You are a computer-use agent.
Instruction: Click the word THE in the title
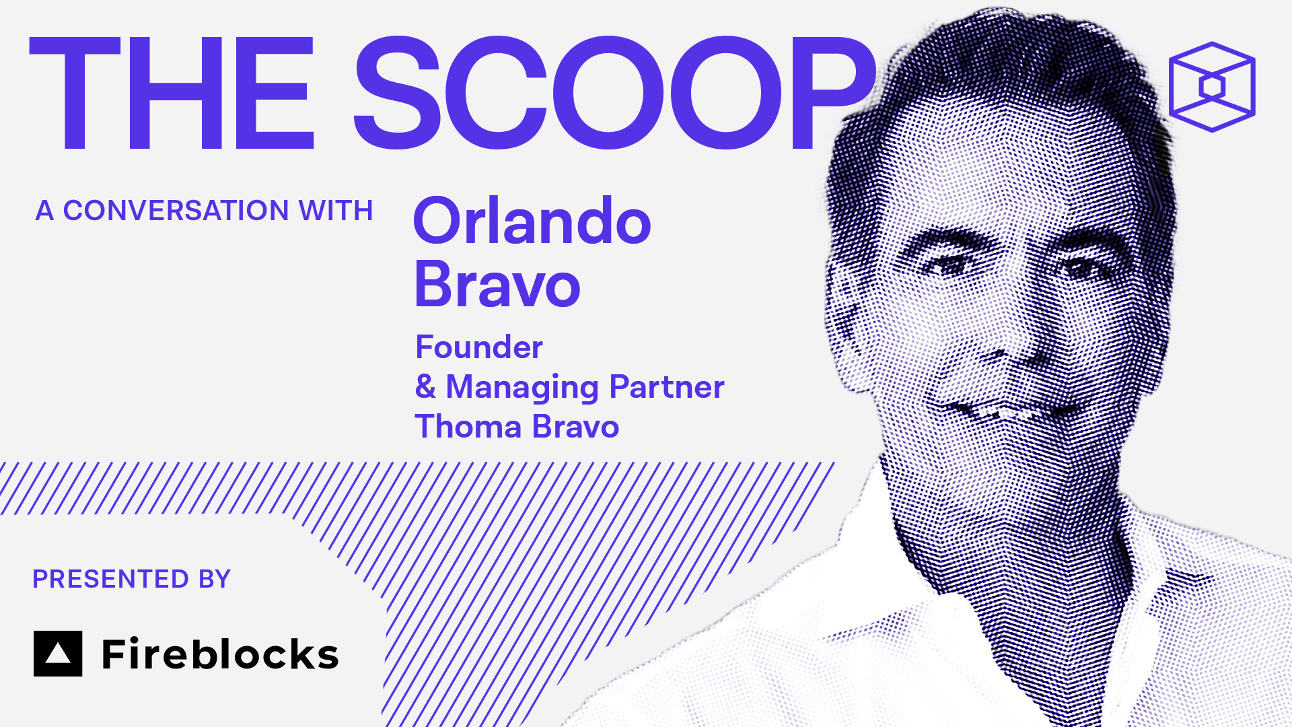(x=172, y=93)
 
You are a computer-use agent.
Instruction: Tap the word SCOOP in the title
(x=614, y=92)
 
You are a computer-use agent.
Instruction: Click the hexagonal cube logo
(x=1212, y=87)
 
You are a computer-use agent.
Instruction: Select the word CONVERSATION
(x=176, y=211)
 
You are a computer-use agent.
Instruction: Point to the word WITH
(x=336, y=211)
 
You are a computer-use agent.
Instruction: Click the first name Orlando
(x=532, y=221)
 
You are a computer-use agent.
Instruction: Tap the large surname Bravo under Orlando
(x=497, y=284)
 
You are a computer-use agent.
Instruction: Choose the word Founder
(x=479, y=347)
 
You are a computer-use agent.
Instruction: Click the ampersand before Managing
(x=425, y=386)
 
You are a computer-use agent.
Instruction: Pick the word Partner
(x=666, y=386)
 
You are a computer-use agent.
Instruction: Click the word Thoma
(x=468, y=427)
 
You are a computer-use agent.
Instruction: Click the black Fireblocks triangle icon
(x=58, y=654)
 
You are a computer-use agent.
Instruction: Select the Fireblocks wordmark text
(x=220, y=654)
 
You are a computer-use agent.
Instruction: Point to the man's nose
(x=1009, y=330)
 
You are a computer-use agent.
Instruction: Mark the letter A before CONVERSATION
(x=44, y=211)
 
